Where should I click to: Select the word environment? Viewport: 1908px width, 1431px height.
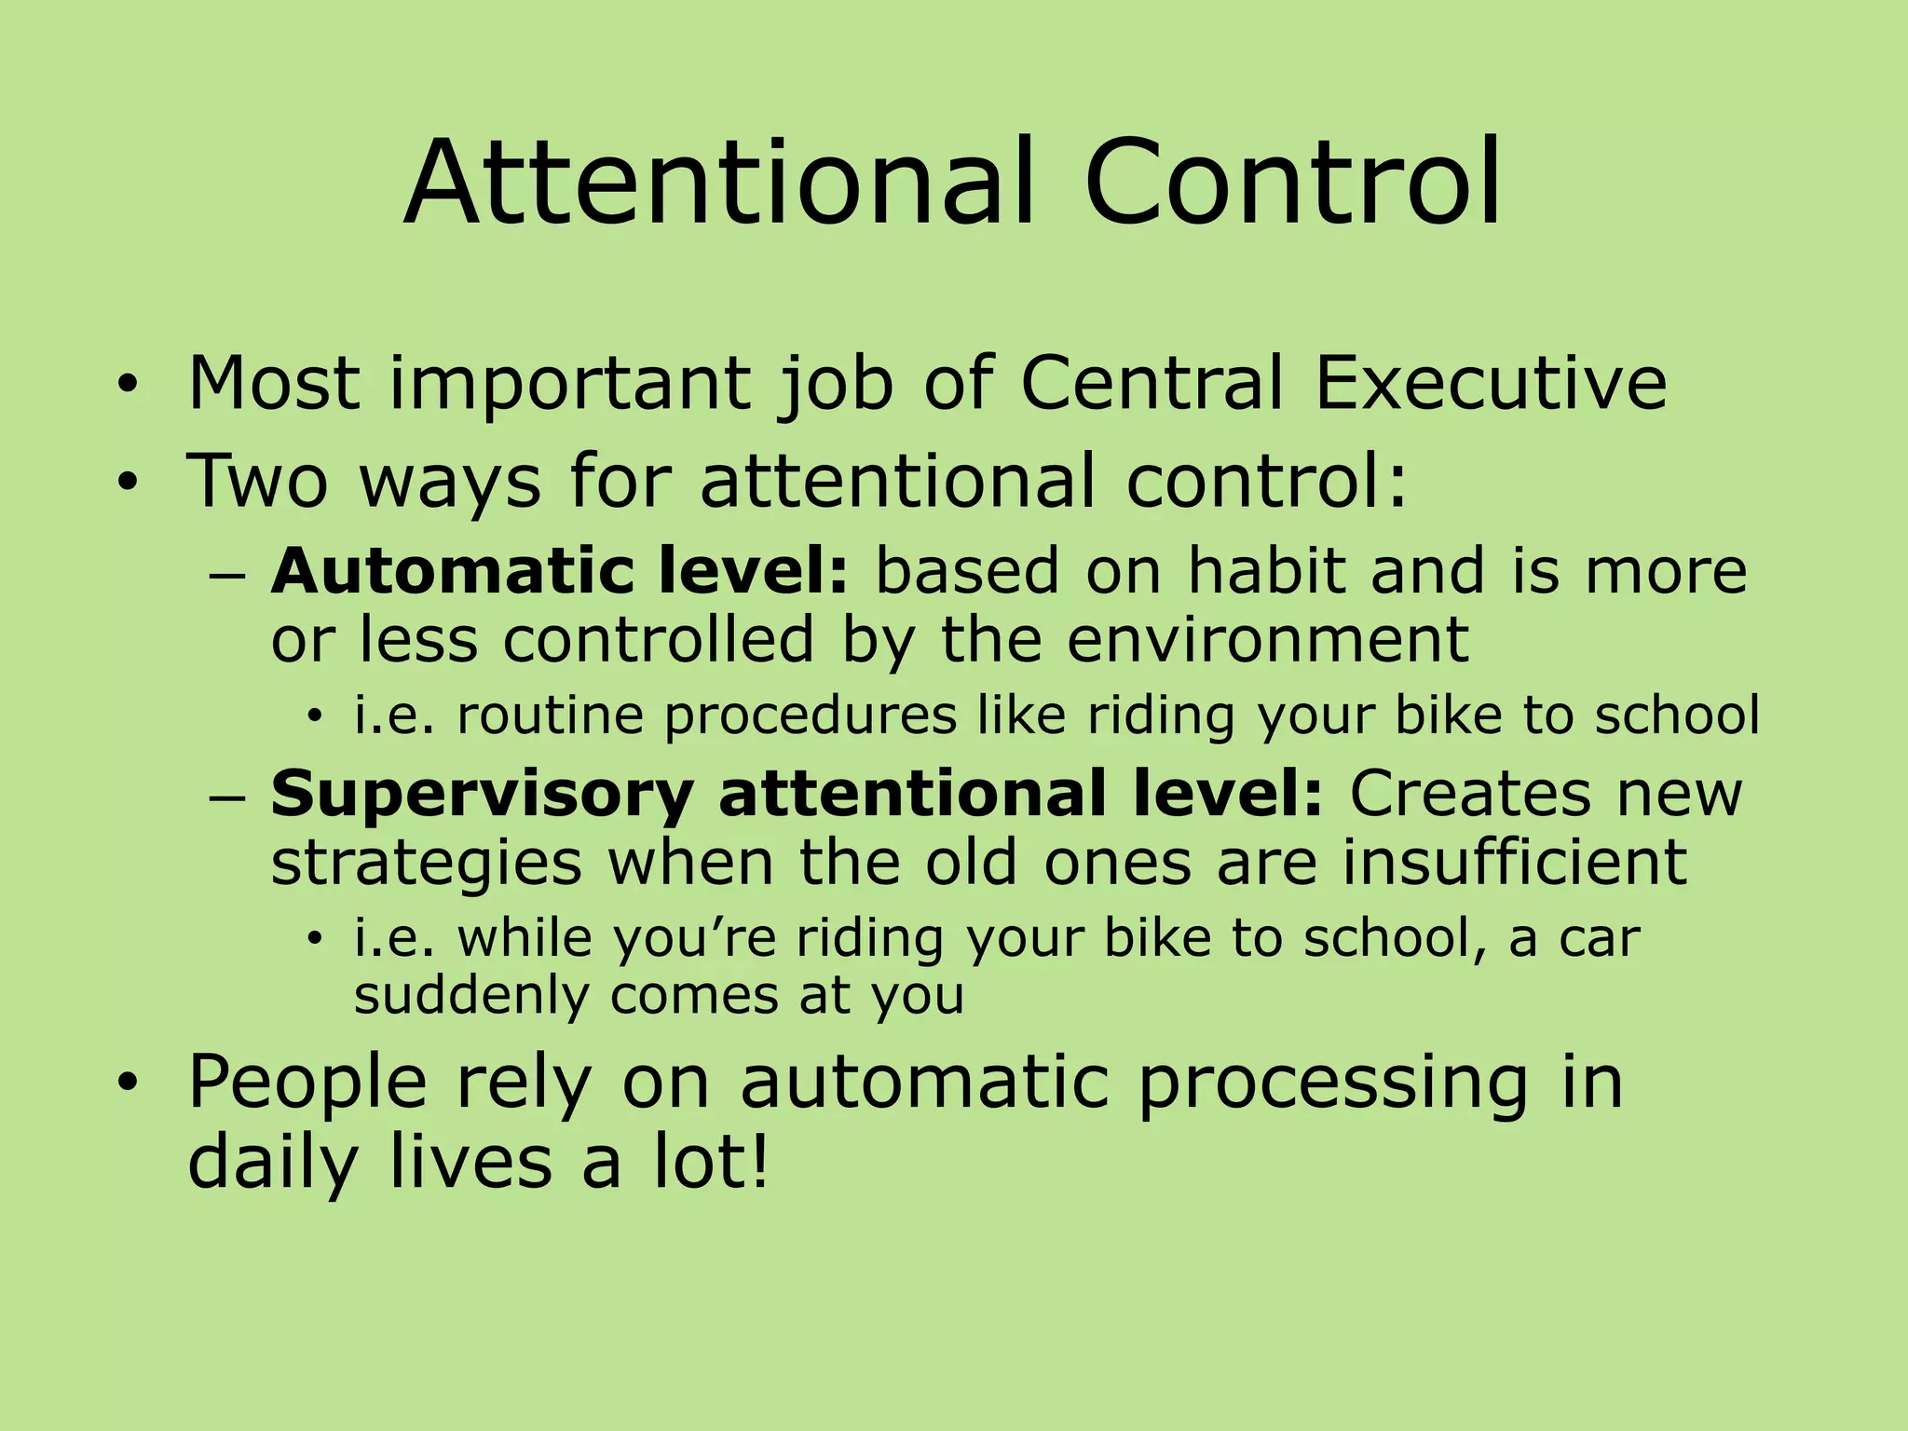1268,639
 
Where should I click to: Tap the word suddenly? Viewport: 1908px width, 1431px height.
471,996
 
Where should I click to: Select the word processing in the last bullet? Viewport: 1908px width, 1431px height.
1332,1084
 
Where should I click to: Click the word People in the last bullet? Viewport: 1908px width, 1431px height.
307,1083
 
